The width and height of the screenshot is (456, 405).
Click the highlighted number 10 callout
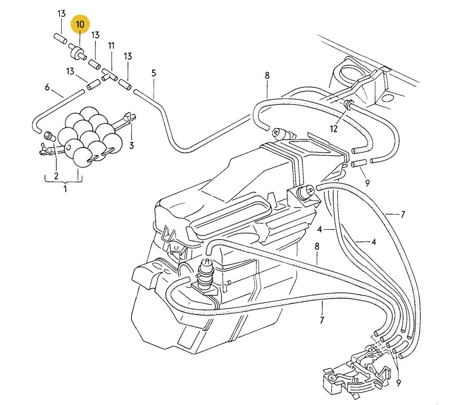pyautogui.click(x=80, y=25)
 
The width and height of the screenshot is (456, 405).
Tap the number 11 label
pyautogui.click(x=111, y=46)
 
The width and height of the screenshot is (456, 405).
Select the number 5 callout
pyautogui.click(x=154, y=73)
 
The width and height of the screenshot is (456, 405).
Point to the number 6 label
pyautogui.click(x=47, y=87)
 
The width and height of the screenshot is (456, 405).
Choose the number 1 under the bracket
pyautogui.click(x=65, y=188)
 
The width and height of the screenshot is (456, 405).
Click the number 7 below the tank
pyautogui.click(x=321, y=320)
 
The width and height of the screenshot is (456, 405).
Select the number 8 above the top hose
pyautogui.click(x=267, y=76)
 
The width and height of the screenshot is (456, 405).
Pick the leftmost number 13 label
pyautogui.click(x=61, y=14)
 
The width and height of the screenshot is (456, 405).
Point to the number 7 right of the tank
pyautogui.click(x=402, y=215)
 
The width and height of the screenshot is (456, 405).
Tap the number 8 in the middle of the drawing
pyautogui.click(x=317, y=246)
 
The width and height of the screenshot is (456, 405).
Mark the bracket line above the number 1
pyautogui.click(x=63, y=180)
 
